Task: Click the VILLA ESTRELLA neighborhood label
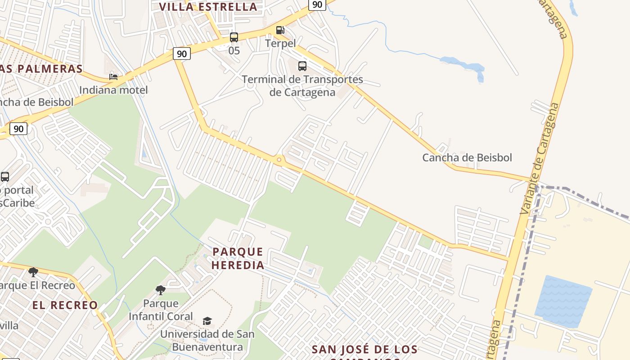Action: [208, 7]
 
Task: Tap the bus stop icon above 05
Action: [234, 37]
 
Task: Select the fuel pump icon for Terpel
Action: [280, 30]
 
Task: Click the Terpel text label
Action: [280, 43]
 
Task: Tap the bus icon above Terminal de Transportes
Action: [302, 66]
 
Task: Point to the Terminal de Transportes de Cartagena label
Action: [302, 85]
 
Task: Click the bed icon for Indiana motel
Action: [113, 77]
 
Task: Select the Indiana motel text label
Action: [113, 90]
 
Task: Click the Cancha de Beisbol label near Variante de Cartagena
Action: [467, 157]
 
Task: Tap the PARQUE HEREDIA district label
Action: [238, 258]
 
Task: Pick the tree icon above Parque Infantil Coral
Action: [161, 290]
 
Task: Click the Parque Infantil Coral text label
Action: [161, 310]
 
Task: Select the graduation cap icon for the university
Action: [207, 321]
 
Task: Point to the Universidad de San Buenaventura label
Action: [207, 341]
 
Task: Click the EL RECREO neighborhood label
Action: [65, 305]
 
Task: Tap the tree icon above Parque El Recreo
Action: [33, 272]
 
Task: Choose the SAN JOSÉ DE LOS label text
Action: [364, 349]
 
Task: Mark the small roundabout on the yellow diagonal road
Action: [279, 160]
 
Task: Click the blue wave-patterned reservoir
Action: [563, 301]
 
